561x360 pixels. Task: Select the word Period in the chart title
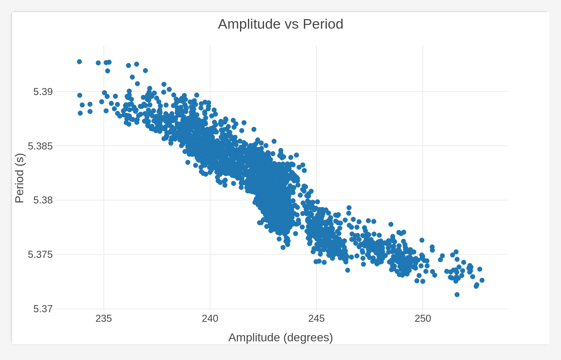coord(323,24)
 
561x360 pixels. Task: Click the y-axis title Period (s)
coord(20,178)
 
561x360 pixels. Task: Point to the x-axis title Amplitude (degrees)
coord(280,338)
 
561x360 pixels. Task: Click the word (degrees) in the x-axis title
coord(308,338)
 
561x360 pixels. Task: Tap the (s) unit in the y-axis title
coord(20,159)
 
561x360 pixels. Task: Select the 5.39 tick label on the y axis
coord(43,92)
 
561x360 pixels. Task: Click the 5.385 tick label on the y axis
coord(40,146)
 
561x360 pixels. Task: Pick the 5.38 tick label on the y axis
coord(43,201)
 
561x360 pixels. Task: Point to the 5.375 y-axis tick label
coord(40,255)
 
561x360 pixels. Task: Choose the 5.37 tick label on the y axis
coord(43,309)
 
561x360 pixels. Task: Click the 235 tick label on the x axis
coord(104,319)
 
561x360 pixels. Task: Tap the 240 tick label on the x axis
coord(210,319)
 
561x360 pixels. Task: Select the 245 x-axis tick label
coord(316,319)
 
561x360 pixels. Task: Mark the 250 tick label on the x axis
coord(423,319)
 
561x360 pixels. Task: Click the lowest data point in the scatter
coord(457,294)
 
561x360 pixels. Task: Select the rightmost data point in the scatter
coord(482,280)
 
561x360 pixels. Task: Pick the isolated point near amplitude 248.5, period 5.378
coord(391,224)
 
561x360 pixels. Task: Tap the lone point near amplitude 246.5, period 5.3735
coord(348,270)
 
